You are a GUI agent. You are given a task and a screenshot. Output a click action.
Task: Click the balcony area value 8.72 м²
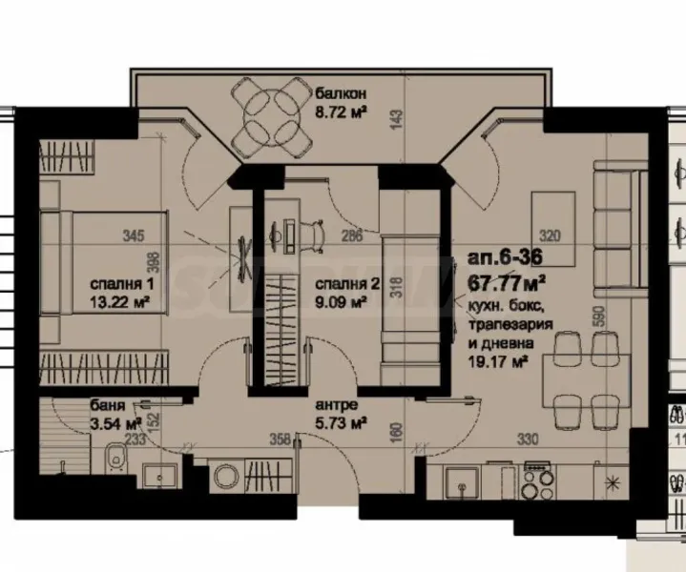coord(342,112)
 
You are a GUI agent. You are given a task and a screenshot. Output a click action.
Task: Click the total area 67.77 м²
coord(507,281)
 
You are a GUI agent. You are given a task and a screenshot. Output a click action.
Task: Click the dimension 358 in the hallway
coord(280,441)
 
